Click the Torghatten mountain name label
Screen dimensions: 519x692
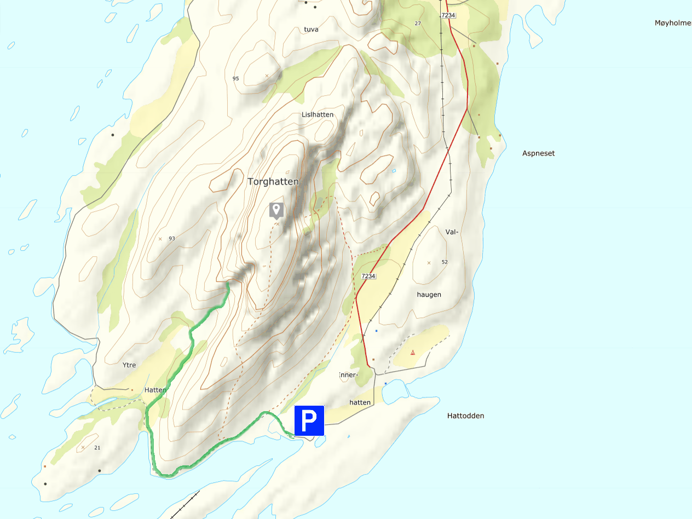tap(273, 182)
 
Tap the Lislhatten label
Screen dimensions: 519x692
tap(318, 114)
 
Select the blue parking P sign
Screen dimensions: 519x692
tap(309, 420)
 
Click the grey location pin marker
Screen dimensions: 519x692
tap(276, 210)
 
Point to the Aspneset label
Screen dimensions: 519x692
tap(538, 153)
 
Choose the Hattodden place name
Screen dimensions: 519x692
tap(465, 416)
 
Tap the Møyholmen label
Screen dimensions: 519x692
tap(673, 23)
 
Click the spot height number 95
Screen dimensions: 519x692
tap(236, 79)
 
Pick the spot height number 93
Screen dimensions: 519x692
tap(172, 239)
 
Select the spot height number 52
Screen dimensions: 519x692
tap(445, 262)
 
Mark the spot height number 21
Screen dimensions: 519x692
tap(97, 448)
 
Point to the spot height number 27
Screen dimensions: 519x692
tap(418, 24)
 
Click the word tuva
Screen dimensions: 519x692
tap(311, 30)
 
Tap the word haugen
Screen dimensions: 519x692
tap(429, 295)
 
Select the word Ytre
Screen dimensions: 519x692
tap(129, 365)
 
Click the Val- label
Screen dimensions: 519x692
tap(451, 232)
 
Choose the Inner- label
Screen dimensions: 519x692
tap(348, 375)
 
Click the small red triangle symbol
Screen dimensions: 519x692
tap(413, 353)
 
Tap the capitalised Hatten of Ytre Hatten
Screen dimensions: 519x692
tap(155, 390)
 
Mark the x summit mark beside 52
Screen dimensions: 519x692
tap(429, 263)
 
